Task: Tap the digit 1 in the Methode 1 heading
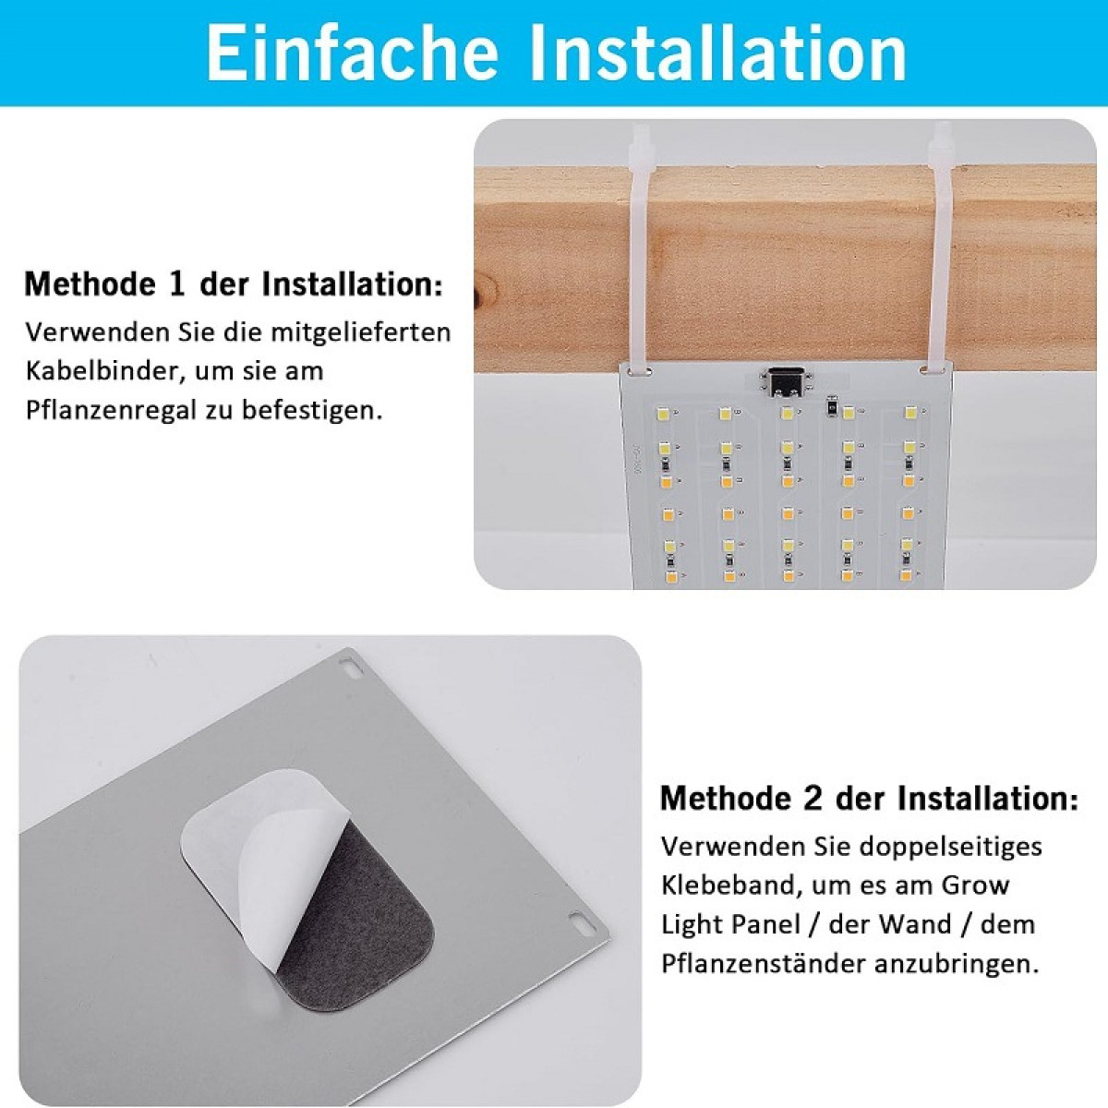tap(178, 284)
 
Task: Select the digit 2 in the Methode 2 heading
tap(813, 798)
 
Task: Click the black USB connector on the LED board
tap(785, 381)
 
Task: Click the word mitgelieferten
tap(360, 333)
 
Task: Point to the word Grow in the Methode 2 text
tap(975, 885)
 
